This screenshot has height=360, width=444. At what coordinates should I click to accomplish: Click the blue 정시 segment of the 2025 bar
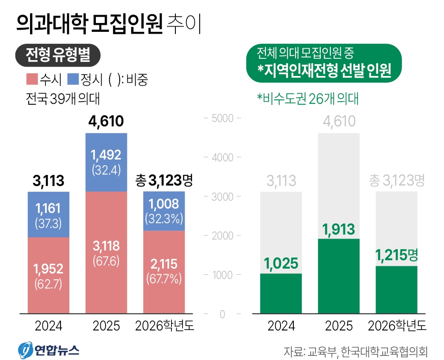click(106, 162)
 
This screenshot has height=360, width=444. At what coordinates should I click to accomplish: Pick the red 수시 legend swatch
click(32, 80)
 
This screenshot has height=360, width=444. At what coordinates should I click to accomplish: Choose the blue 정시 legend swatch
click(73, 80)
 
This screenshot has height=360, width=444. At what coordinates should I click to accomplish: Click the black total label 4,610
click(106, 121)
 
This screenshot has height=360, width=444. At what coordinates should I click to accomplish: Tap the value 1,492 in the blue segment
click(106, 155)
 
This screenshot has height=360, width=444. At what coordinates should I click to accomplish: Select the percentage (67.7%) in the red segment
click(163, 279)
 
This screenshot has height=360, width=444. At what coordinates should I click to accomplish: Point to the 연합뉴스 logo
click(49, 350)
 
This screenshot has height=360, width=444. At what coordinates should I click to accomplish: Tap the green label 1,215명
click(396, 255)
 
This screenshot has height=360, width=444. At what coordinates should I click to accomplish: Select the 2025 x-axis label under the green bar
click(339, 326)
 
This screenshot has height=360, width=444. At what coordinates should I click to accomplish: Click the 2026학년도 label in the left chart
click(164, 326)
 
